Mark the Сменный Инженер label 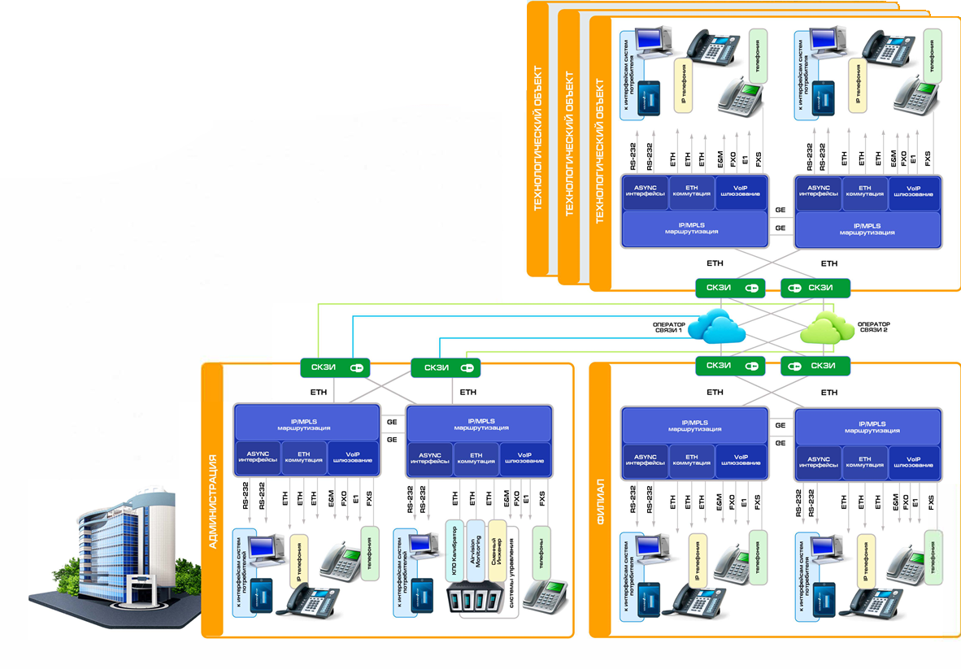[x=496, y=550]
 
